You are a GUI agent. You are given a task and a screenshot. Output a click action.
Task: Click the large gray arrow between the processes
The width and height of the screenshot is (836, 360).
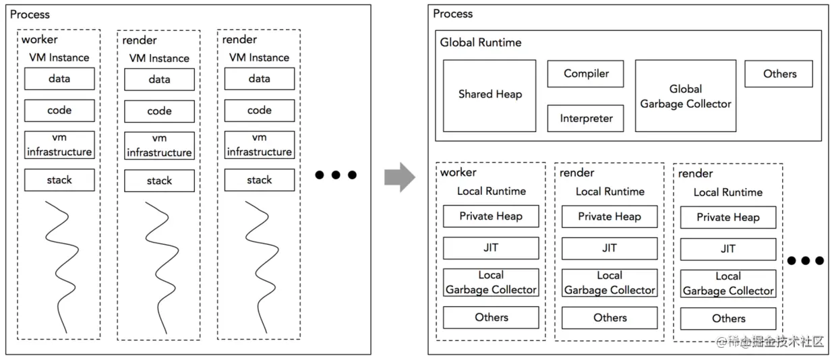tap(399, 177)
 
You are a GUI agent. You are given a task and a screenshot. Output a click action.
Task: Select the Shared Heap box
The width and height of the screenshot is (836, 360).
tap(489, 95)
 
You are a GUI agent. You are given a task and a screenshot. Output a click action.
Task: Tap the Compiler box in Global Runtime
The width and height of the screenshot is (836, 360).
tap(585, 73)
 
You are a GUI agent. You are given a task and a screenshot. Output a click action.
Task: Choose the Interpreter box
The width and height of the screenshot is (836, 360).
tap(585, 119)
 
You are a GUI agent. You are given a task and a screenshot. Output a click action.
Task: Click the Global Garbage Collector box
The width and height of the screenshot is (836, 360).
tap(685, 96)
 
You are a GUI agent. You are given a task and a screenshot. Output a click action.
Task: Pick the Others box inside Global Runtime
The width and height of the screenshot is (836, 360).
tap(779, 73)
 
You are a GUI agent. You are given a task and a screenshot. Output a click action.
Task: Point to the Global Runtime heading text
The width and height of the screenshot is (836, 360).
tap(481, 42)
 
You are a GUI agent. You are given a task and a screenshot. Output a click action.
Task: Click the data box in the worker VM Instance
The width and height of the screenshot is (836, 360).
tap(59, 79)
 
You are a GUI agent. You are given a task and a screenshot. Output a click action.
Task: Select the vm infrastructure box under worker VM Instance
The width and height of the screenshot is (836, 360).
tap(59, 144)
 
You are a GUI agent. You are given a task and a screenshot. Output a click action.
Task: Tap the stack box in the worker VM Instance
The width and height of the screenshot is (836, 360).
tap(59, 180)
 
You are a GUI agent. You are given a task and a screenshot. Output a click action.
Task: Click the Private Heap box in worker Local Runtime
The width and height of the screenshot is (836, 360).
tap(491, 216)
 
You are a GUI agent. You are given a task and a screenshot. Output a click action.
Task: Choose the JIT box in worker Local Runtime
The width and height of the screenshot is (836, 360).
tap(491, 248)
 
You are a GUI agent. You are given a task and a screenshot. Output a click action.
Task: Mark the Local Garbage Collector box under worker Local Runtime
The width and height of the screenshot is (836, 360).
tap(491, 282)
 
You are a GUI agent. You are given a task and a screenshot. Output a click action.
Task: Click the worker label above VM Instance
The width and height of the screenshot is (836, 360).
tap(40, 40)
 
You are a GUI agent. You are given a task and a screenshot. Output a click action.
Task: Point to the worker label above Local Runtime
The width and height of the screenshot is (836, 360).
tap(458, 173)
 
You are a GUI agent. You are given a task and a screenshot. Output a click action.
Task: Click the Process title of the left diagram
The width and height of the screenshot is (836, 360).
tap(30, 14)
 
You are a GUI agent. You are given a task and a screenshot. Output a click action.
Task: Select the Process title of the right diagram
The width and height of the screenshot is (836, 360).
tap(453, 13)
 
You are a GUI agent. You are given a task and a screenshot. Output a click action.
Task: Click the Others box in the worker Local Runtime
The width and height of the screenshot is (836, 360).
tap(491, 317)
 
